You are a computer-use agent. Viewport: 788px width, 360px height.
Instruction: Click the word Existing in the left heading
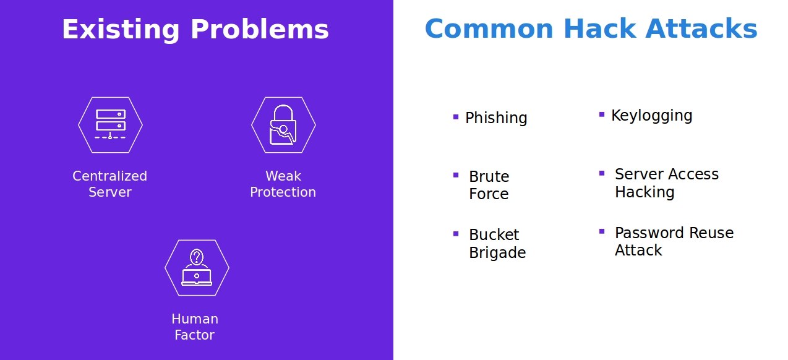(121, 30)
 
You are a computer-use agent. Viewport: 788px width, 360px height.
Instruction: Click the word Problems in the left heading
(260, 29)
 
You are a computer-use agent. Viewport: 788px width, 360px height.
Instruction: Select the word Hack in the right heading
(600, 28)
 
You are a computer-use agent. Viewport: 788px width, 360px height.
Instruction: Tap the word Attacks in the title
(701, 28)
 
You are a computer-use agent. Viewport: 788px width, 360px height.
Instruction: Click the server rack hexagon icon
(111, 125)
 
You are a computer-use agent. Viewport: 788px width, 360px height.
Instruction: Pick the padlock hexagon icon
(283, 125)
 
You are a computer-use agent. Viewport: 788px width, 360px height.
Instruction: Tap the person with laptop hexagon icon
(197, 268)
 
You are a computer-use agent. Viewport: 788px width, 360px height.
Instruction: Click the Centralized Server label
(109, 184)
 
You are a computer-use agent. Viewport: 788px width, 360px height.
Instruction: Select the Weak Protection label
(283, 184)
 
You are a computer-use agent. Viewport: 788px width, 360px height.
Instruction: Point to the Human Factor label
(195, 327)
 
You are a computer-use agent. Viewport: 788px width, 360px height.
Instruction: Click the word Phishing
(496, 118)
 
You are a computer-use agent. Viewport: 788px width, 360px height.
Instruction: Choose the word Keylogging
(652, 116)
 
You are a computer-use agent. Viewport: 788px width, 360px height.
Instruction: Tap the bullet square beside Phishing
(456, 117)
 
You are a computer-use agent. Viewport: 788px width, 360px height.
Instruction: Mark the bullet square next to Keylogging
(602, 114)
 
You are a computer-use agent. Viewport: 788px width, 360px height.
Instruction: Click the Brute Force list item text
(489, 185)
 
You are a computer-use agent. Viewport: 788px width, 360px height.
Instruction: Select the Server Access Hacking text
(667, 183)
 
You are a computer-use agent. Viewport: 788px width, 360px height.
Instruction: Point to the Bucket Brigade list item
(497, 244)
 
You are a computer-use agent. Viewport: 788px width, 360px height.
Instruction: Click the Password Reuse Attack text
(674, 241)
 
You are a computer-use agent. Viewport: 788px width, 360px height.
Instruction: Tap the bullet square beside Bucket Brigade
(456, 234)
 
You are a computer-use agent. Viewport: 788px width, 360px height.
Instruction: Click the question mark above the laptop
(197, 256)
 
